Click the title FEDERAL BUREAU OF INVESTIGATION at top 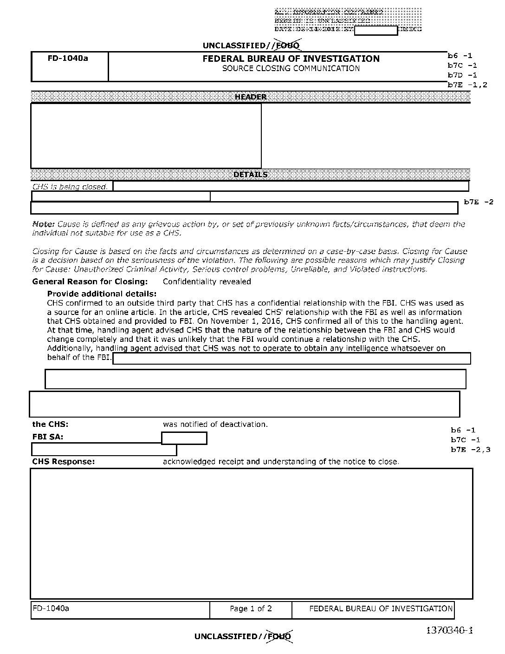click(291, 59)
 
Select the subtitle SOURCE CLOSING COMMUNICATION click(291, 68)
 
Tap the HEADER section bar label click(251, 97)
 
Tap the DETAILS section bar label click(251, 175)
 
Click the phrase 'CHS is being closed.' click(70, 187)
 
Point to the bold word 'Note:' click(44, 224)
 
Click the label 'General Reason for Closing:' click(90, 281)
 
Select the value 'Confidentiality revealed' click(207, 281)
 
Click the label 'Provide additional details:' click(102, 294)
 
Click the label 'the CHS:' click(50, 424)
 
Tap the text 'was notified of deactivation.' click(215, 424)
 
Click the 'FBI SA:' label click(48, 437)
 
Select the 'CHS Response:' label click(64, 461)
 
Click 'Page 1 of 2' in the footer click(251, 608)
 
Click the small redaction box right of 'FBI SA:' click(184, 438)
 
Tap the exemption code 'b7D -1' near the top click(462, 75)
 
